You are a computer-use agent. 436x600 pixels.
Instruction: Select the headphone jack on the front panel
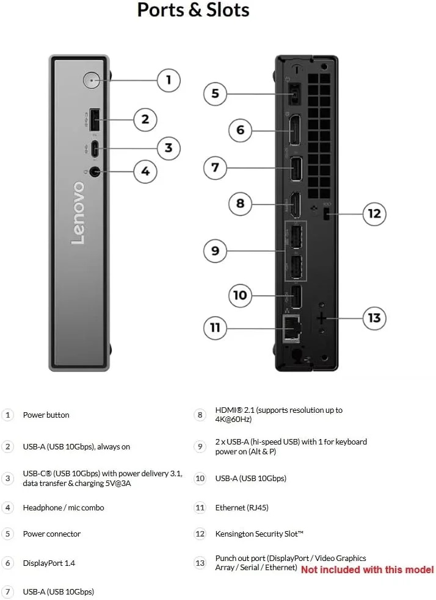93,172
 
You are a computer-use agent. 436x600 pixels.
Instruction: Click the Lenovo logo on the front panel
78,212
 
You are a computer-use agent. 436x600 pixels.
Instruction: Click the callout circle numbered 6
240,130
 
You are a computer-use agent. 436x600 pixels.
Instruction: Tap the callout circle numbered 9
215,251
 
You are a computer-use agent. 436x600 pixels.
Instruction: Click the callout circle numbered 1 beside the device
169,80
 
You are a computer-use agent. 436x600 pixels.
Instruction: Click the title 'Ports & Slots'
193,10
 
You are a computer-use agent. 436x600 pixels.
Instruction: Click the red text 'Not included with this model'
367,570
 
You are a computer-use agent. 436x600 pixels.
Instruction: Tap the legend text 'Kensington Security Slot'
260,534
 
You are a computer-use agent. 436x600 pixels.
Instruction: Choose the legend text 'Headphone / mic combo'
64,507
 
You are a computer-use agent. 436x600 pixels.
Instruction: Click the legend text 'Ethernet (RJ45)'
242,507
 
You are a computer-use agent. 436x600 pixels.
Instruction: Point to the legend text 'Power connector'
52,534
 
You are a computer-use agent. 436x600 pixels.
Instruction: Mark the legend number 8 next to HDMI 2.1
200,415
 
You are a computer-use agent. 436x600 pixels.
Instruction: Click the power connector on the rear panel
294,94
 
